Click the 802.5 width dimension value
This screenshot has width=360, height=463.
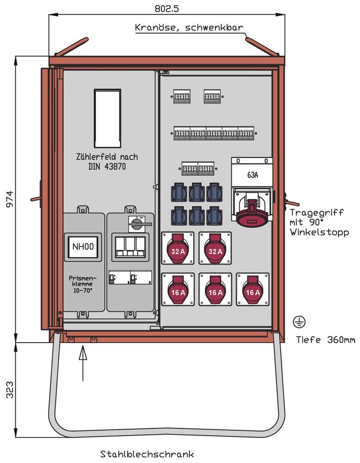166,8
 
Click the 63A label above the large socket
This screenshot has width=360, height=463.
253,175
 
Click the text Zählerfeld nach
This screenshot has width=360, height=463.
107,156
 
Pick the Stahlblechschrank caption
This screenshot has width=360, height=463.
147,454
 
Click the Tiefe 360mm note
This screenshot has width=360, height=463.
325,340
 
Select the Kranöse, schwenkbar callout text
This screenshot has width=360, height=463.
189,27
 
